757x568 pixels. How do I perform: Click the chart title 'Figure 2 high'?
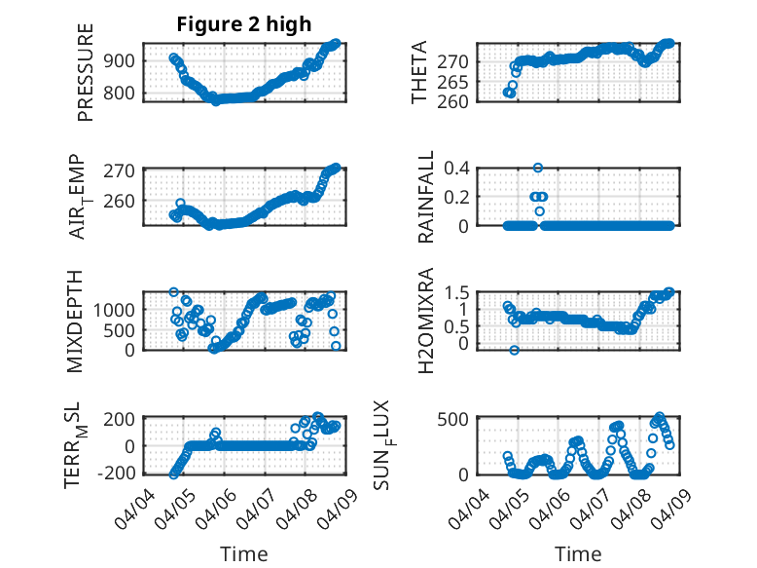click(243, 24)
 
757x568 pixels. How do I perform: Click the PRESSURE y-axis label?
click(86, 72)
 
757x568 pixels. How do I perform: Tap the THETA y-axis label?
click(419, 72)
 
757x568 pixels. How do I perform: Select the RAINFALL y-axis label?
click(425, 197)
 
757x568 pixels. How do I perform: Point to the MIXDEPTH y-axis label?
click(76, 321)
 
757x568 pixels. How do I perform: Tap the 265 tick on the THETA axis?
click(458, 81)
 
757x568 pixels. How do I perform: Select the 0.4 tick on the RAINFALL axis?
click(458, 168)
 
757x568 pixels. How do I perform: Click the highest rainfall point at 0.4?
click(538, 168)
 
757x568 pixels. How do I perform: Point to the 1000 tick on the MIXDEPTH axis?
click(119, 309)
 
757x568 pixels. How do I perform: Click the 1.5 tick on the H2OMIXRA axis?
click(458, 292)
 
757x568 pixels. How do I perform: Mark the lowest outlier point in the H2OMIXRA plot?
click(514, 350)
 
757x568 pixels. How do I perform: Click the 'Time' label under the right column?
click(578, 554)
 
